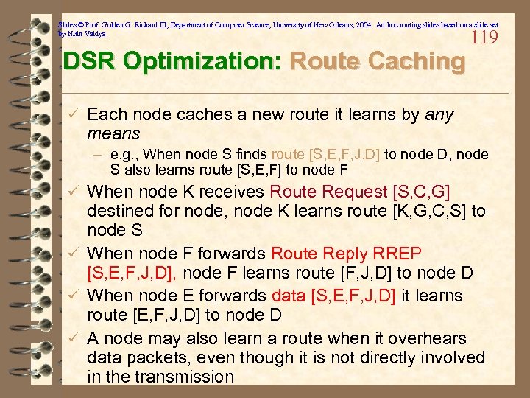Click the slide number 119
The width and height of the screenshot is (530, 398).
(483, 38)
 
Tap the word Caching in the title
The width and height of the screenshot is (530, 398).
(413, 61)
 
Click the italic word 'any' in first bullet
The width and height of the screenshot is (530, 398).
(440, 115)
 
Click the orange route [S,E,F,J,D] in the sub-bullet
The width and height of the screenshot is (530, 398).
(325, 155)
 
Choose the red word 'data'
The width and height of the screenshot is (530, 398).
(293, 296)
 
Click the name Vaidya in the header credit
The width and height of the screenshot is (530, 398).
(93, 34)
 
